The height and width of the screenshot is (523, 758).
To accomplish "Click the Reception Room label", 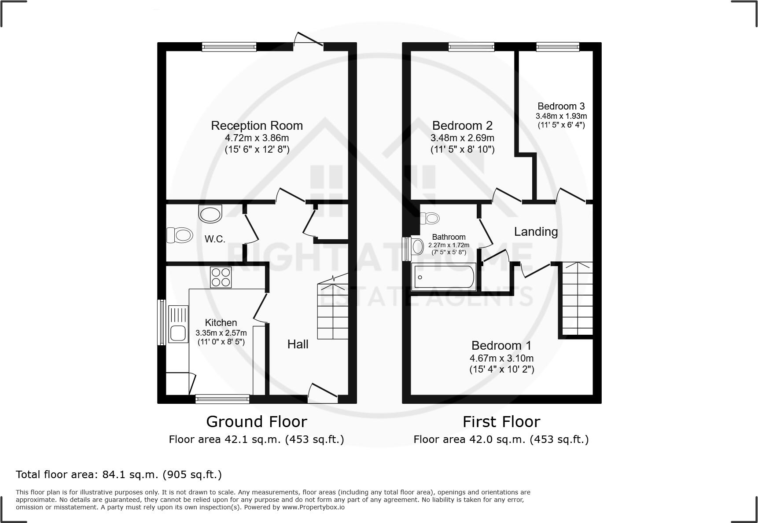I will pyautogui.click(x=257, y=125).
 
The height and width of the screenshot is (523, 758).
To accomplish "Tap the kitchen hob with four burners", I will pyautogui.click(x=221, y=277).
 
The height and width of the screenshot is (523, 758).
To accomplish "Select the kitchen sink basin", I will pyautogui.click(x=178, y=333).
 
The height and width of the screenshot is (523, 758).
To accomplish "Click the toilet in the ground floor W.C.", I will pyautogui.click(x=180, y=235).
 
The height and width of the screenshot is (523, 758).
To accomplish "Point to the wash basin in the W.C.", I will pyautogui.click(x=210, y=214).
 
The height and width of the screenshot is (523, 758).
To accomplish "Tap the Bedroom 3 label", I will pyautogui.click(x=561, y=106).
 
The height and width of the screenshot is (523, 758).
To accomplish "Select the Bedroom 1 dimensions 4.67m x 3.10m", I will pyautogui.click(x=501, y=358).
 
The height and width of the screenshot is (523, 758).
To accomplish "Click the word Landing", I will pyautogui.click(x=536, y=231).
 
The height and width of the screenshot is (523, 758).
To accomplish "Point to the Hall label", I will pyautogui.click(x=298, y=344).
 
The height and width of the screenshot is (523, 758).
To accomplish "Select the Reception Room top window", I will pyautogui.click(x=229, y=46).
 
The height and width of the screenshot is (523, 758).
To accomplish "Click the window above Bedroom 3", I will pyautogui.click(x=557, y=46).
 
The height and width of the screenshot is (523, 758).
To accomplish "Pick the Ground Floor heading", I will pyautogui.click(x=256, y=421).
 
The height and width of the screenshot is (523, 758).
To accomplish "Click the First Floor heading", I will pyautogui.click(x=501, y=421).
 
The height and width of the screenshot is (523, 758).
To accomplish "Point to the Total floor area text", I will pyautogui.click(x=119, y=474).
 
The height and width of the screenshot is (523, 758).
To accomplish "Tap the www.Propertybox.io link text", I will pyautogui.click(x=313, y=507).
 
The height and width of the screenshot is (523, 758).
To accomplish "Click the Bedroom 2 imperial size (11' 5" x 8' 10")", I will pyautogui.click(x=462, y=149).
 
